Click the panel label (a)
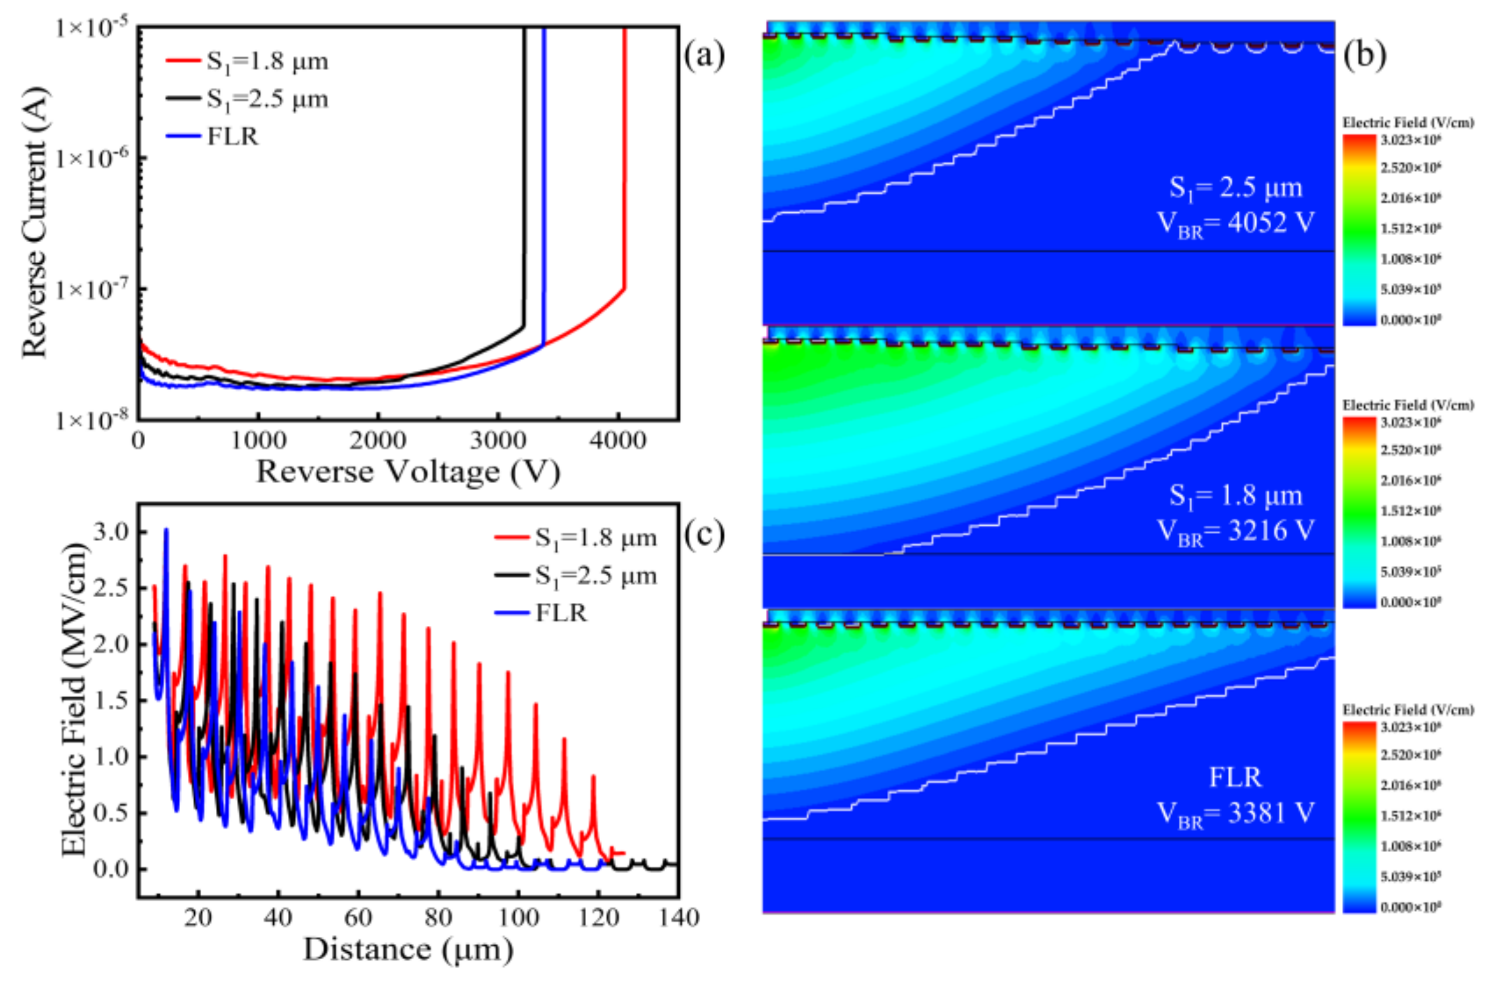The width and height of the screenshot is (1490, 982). [x=704, y=56]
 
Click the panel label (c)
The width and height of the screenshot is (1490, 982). [x=704, y=534]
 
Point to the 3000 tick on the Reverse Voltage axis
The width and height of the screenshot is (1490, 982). [x=498, y=441]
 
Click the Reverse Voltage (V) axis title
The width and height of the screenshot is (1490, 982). [x=408, y=472]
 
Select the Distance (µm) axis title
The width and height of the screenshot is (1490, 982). [x=408, y=949]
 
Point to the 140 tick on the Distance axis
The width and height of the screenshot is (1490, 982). [x=678, y=918]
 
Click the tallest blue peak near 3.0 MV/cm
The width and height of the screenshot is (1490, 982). [x=166, y=530]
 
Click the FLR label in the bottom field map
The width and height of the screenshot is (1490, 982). [x=1235, y=777]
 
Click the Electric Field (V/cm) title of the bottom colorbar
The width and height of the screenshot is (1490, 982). [x=1408, y=709]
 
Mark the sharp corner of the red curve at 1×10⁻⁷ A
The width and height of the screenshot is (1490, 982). [x=623, y=288]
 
